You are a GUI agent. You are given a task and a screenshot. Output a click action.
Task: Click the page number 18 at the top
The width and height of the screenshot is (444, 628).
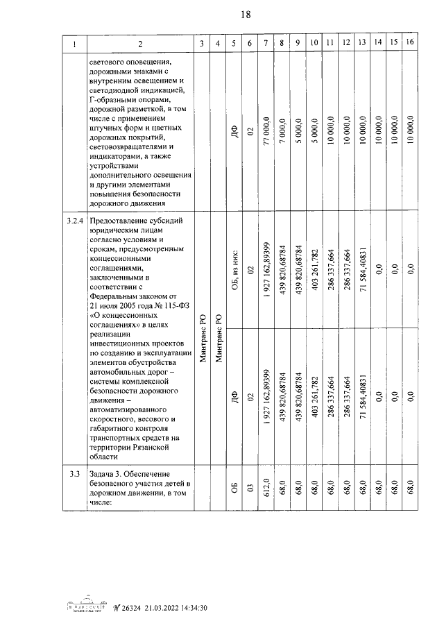click(x=227, y=15)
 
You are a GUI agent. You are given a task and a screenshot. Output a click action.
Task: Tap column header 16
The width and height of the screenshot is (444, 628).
click(x=411, y=44)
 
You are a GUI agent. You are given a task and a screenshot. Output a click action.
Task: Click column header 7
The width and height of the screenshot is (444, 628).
click(x=266, y=44)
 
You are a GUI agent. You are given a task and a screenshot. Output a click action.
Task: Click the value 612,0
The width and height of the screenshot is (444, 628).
click(x=266, y=493)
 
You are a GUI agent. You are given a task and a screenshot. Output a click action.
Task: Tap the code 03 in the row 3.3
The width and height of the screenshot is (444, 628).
click(x=250, y=493)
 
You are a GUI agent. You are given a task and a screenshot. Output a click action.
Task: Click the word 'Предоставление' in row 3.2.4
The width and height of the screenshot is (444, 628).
click(x=119, y=222)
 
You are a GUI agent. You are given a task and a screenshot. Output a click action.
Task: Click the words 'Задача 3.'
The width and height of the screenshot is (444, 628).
click(x=105, y=473)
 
